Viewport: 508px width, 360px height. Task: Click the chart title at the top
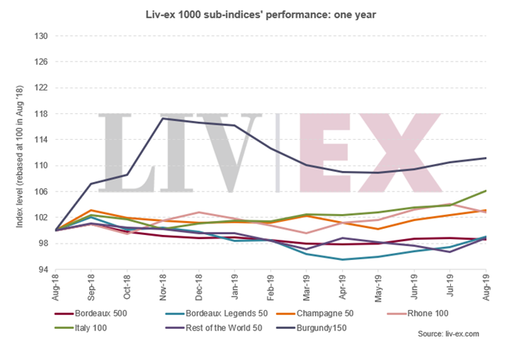[x=254, y=13]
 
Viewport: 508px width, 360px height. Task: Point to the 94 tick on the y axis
[x=43, y=269]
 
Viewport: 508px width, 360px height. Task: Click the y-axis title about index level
[x=16, y=152]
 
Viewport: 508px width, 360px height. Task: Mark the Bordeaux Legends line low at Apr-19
[x=342, y=259]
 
